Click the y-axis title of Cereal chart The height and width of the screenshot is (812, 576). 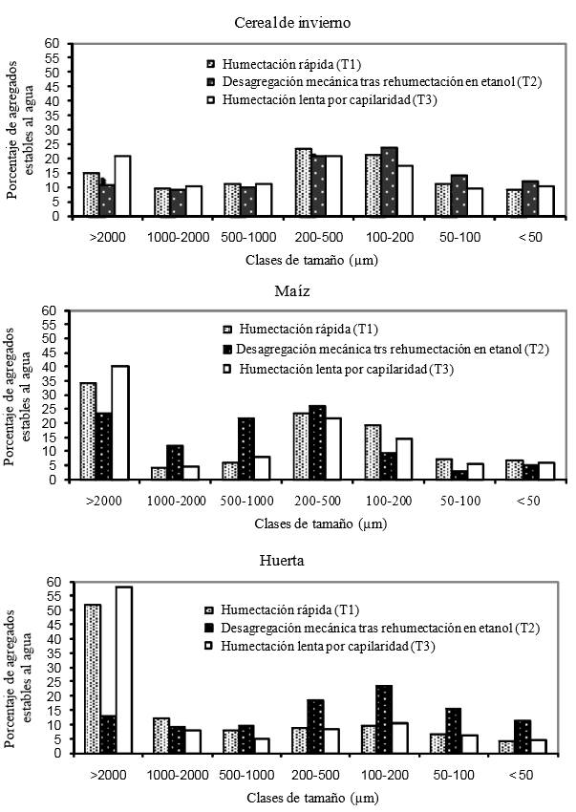click(19, 129)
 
